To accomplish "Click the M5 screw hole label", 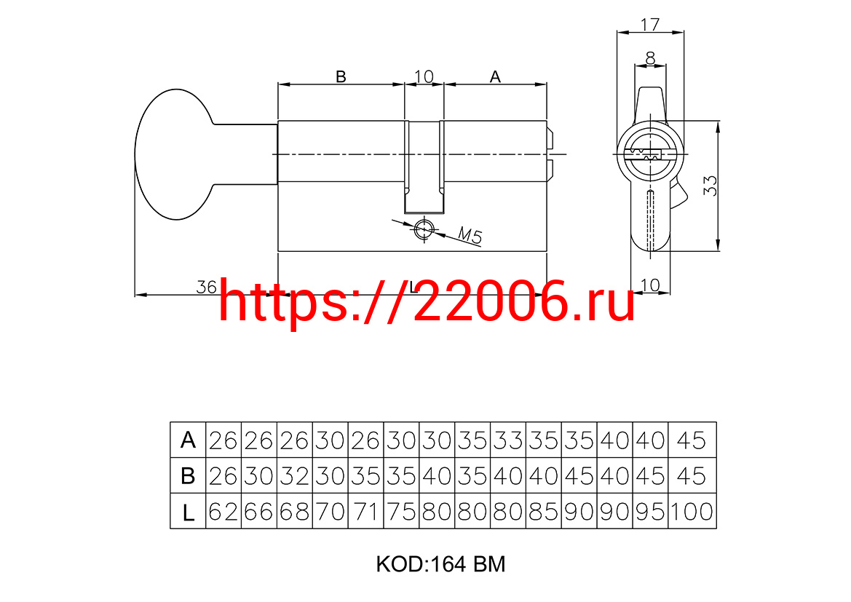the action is pos(470,235).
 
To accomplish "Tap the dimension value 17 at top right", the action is pos(649,25).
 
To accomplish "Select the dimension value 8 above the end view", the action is pos(650,57).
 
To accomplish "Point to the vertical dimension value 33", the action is pos(710,186).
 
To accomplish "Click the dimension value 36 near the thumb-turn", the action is pos(206,287).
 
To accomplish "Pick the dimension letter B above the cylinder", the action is pos(341,76).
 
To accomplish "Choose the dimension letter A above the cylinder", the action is pos(495,76).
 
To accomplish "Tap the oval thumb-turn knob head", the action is pos(174,154).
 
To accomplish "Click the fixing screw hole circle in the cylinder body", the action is pos(424,229).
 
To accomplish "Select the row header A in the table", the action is pos(188,440).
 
